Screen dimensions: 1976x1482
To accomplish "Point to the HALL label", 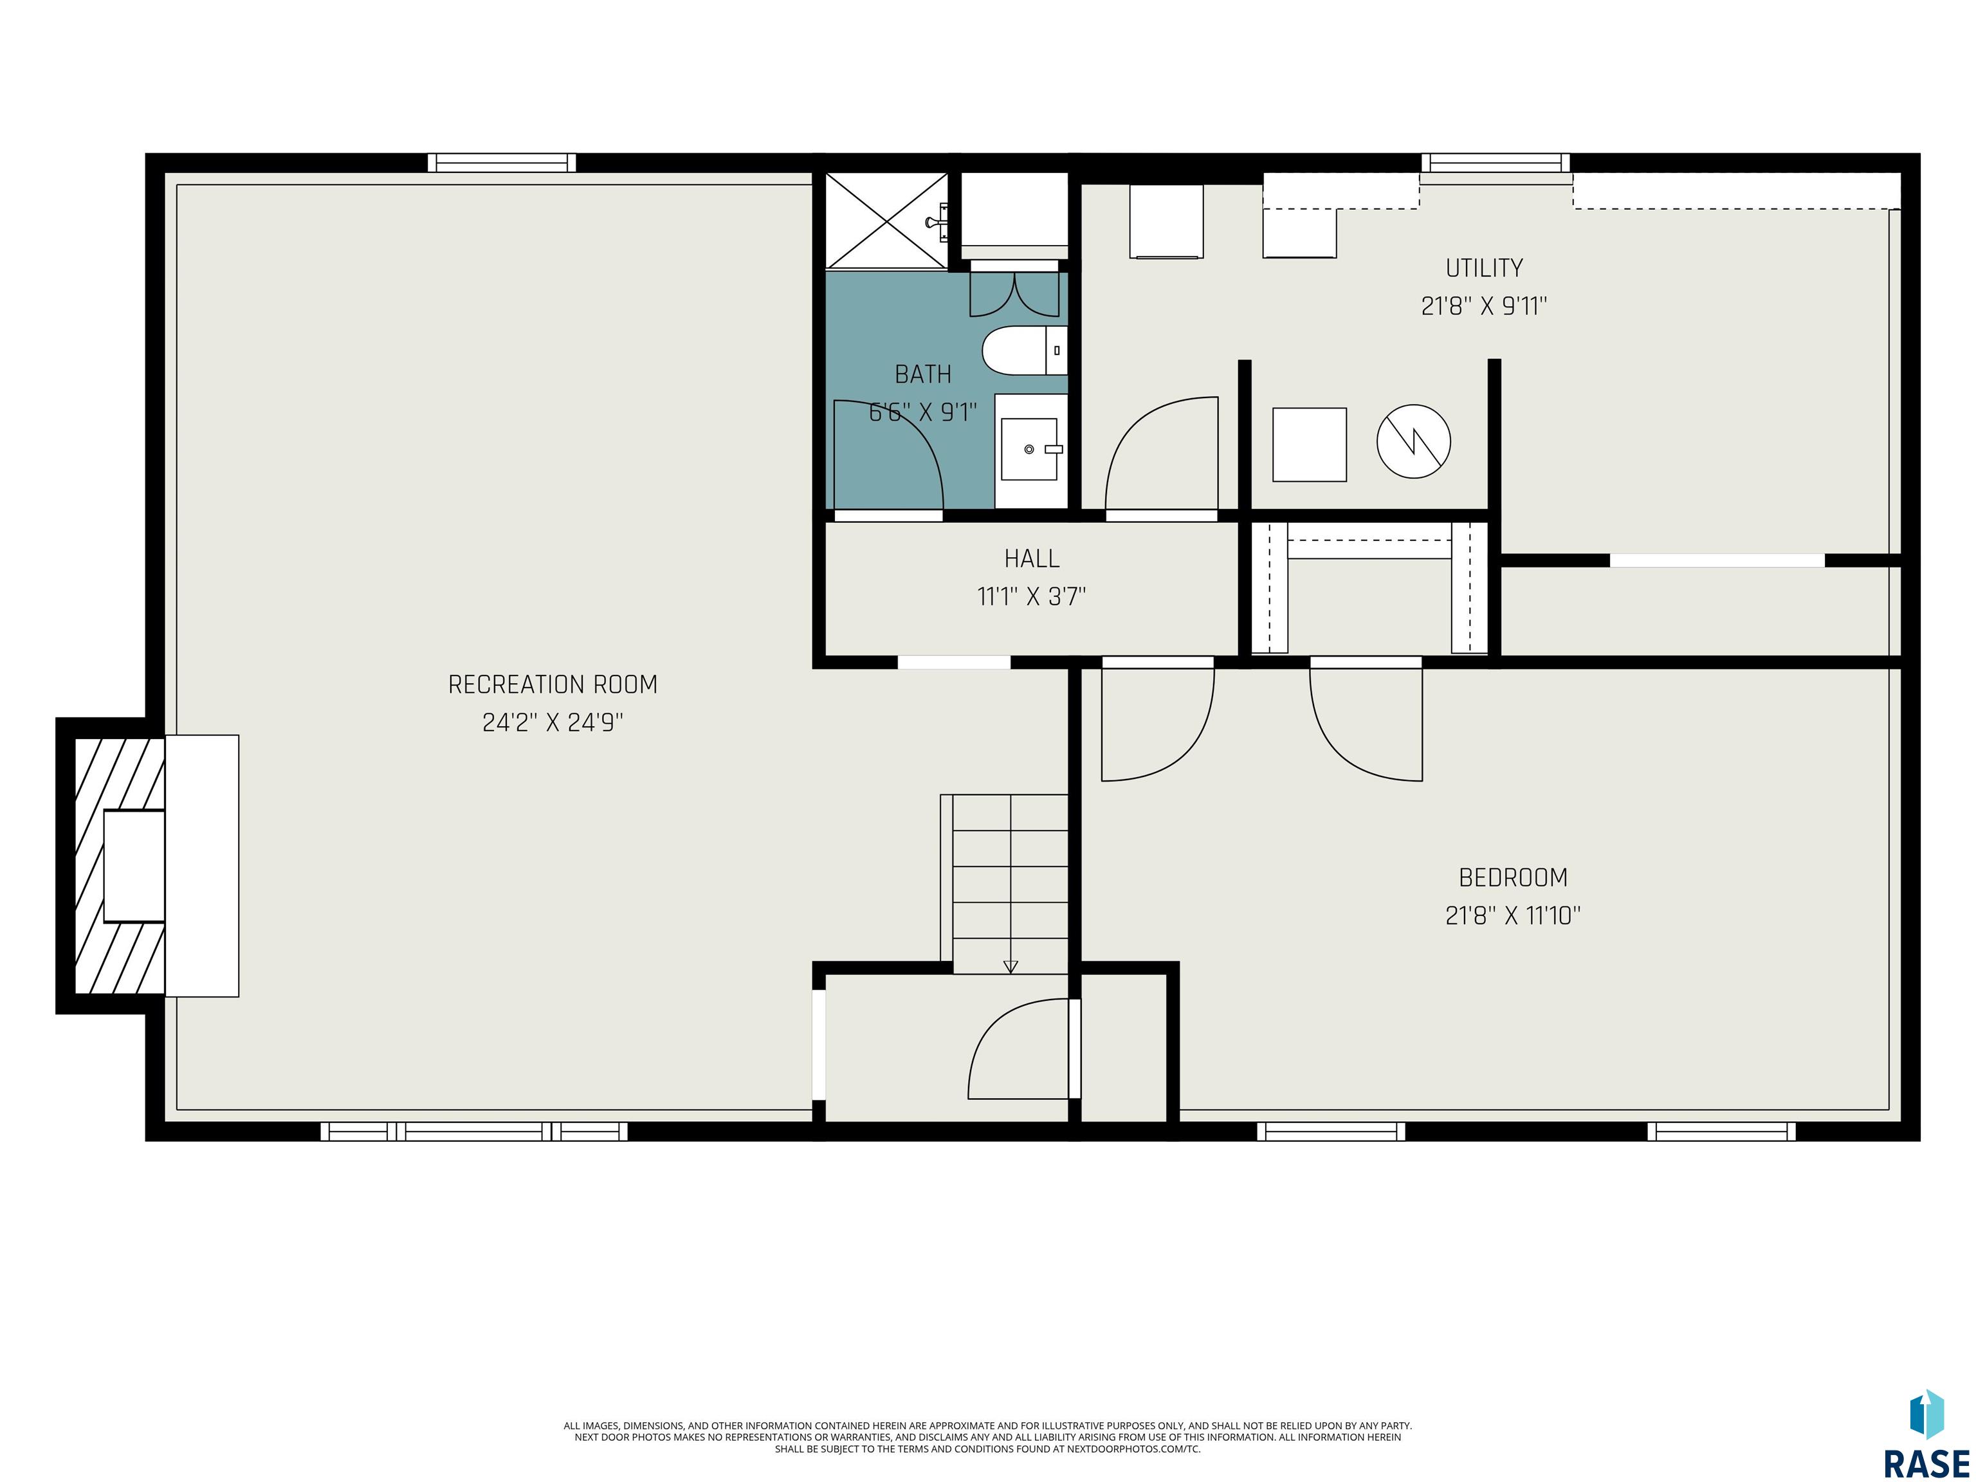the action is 1032,558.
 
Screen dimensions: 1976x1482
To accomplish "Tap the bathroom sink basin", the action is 1029,450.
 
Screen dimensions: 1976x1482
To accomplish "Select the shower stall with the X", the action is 886,221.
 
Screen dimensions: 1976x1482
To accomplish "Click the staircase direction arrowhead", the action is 1011,967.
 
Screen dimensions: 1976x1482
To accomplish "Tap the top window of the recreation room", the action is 501,163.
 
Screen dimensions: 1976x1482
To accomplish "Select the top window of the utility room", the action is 1496,163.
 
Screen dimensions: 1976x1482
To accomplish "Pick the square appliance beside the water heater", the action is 1309,445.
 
